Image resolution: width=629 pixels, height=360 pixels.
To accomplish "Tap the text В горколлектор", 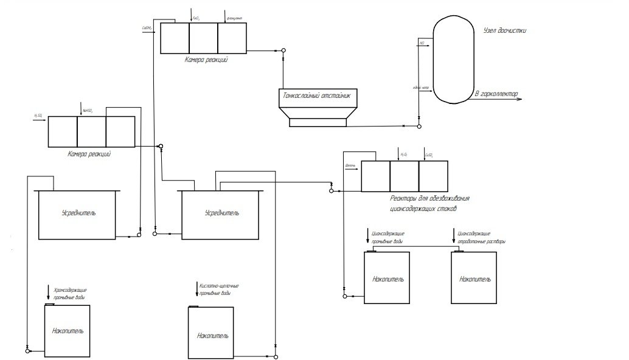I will tap(496, 94).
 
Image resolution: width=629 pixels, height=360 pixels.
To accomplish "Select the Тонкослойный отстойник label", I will tap(318, 96).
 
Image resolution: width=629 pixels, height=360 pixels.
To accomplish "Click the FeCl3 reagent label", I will tap(196, 18).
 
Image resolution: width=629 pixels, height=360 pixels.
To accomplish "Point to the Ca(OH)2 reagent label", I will tap(147, 27).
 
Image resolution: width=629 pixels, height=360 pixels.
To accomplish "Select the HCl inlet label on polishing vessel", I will tap(422, 43).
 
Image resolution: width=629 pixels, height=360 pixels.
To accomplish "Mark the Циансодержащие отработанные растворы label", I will tap(481, 237).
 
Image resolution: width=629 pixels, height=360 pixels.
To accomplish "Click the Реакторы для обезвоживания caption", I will tap(429, 199).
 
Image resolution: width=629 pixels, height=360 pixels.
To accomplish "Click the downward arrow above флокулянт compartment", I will tap(226, 15).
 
